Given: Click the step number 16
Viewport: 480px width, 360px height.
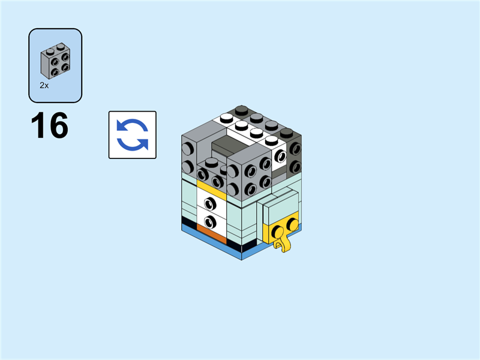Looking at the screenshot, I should tap(50, 126).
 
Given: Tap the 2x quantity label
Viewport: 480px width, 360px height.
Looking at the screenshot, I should tap(44, 86).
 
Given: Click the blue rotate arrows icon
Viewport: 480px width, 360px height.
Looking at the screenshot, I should tap(132, 135).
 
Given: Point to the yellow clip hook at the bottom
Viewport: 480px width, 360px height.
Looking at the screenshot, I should tap(280, 243).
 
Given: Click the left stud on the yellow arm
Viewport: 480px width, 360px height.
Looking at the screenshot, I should tap(278, 230).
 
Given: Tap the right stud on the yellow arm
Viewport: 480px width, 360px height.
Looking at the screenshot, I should tap(292, 224).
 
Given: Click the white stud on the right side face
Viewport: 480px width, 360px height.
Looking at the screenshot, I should tap(280, 157).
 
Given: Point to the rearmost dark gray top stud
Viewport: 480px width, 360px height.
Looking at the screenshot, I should tap(241, 110).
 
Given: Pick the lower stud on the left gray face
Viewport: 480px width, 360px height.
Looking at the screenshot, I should tap(187, 166).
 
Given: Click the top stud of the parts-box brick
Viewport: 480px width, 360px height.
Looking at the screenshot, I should tap(62, 47).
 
